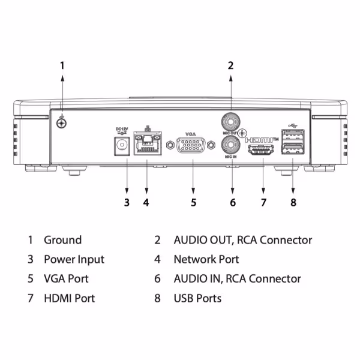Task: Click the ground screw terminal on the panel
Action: click(x=61, y=123)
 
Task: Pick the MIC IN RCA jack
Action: click(x=230, y=145)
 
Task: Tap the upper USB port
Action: click(x=292, y=136)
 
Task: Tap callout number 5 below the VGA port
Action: click(x=193, y=202)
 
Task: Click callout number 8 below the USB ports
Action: click(x=293, y=202)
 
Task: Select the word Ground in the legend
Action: click(x=62, y=240)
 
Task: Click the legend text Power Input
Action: click(x=74, y=259)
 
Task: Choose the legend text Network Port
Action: click(x=206, y=259)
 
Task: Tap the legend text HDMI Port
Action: click(x=69, y=298)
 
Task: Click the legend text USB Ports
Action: click(x=197, y=298)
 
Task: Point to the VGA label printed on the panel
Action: click(x=191, y=133)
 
